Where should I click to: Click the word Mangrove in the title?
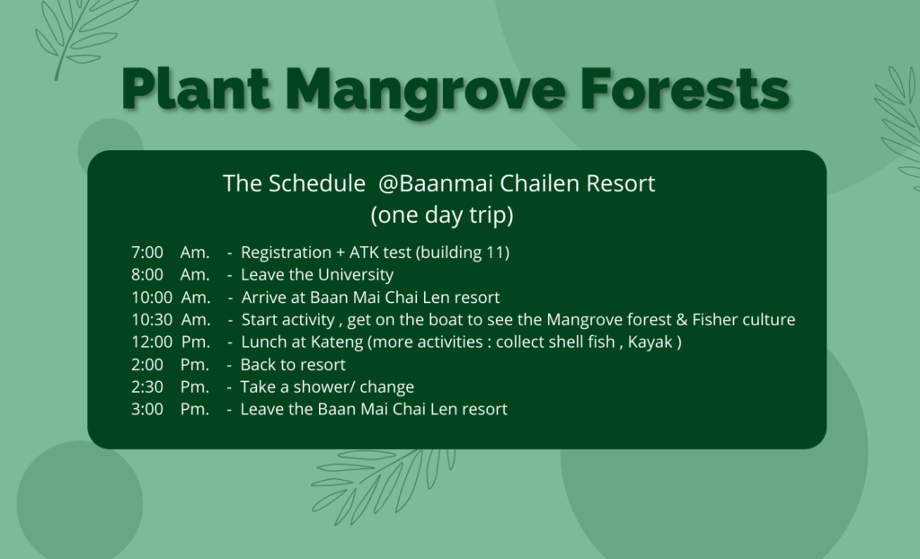(425, 91)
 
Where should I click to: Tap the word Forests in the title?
(685, 88)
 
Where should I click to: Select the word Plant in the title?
(196, 88)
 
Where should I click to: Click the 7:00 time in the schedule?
(147, 253)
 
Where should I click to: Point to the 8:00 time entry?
(147, 275)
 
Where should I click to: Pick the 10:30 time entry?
(152, 319)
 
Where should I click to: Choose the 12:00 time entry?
(152, 342)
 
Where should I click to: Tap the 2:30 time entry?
(147, 387)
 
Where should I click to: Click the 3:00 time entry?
(147, 409)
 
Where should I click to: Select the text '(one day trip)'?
(442, 215)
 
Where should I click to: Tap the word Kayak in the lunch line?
(650, 342)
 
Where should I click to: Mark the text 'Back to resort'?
(293, 365)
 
